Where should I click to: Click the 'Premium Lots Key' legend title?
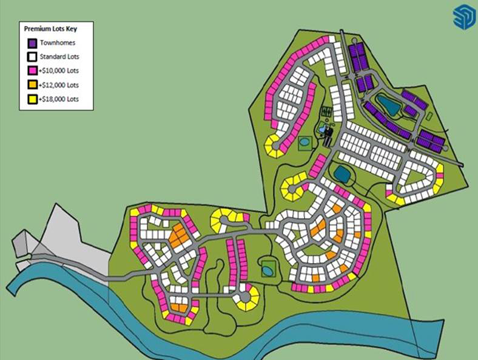coord(50,28)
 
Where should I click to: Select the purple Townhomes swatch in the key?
coord(32,44)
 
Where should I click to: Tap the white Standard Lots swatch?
coord(32,58)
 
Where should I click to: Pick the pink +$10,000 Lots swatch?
coord(32,72)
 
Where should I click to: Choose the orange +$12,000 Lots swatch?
coord(32,85)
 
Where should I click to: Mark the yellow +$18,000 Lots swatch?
coord(32,99)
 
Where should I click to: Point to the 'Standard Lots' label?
coord(59,58)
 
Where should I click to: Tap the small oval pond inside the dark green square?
coord(268,267)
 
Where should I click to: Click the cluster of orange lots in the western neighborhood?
coord(178,235)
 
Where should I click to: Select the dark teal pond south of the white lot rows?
coord(342,174)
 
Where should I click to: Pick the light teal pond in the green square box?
coord(303,142)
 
